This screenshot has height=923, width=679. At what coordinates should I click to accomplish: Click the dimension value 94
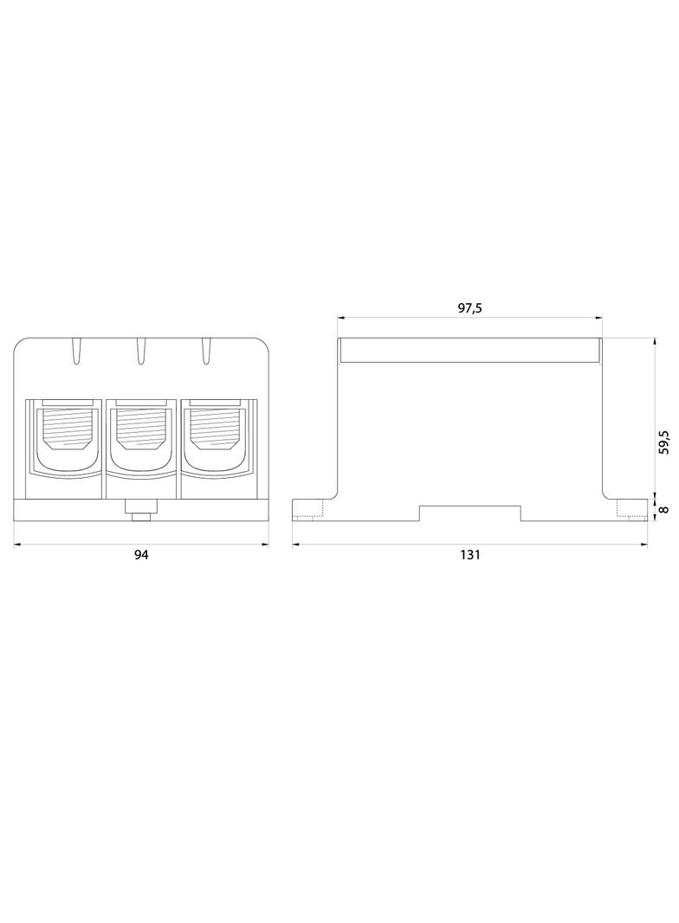pyautogui.click(x=142, y=555)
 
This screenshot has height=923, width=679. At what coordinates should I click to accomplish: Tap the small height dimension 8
pyautogui.click(x=663, y=509)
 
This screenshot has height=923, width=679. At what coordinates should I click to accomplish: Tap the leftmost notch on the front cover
pyautogui.click(x=76, y=351)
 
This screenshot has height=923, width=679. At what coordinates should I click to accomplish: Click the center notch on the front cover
pyautogui.click(x=141, y=351)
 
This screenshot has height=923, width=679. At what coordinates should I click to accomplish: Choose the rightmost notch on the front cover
pyautogui.click(x=206, y=351)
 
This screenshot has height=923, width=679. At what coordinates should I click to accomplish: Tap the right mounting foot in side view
pyautogui.click(x=630, y=510)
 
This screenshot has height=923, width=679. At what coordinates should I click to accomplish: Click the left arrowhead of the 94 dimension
pyautogui.click(x=17, y=545)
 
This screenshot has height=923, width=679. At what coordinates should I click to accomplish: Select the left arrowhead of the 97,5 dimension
pyautogui.click(x=340, y=317)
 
